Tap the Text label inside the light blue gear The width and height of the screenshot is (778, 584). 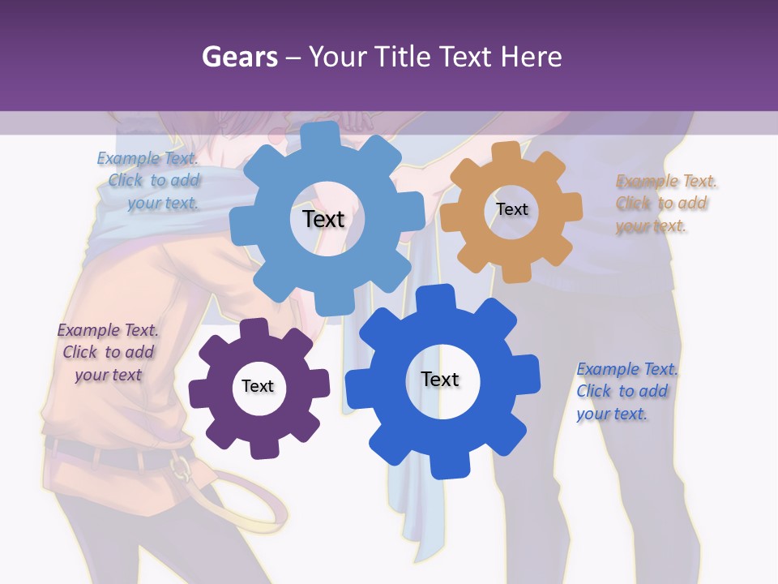pos(323,219)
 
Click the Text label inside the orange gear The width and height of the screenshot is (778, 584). pos(511,209)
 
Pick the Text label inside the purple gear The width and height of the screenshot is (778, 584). pos(258,386)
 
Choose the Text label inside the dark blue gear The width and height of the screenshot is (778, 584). pos(440,379)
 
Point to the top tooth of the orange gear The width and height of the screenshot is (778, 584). pos(507,152)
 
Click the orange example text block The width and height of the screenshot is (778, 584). pos(665,204)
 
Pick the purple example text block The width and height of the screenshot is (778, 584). pos(108,353)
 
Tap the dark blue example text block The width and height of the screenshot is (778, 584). pos(626,391)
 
